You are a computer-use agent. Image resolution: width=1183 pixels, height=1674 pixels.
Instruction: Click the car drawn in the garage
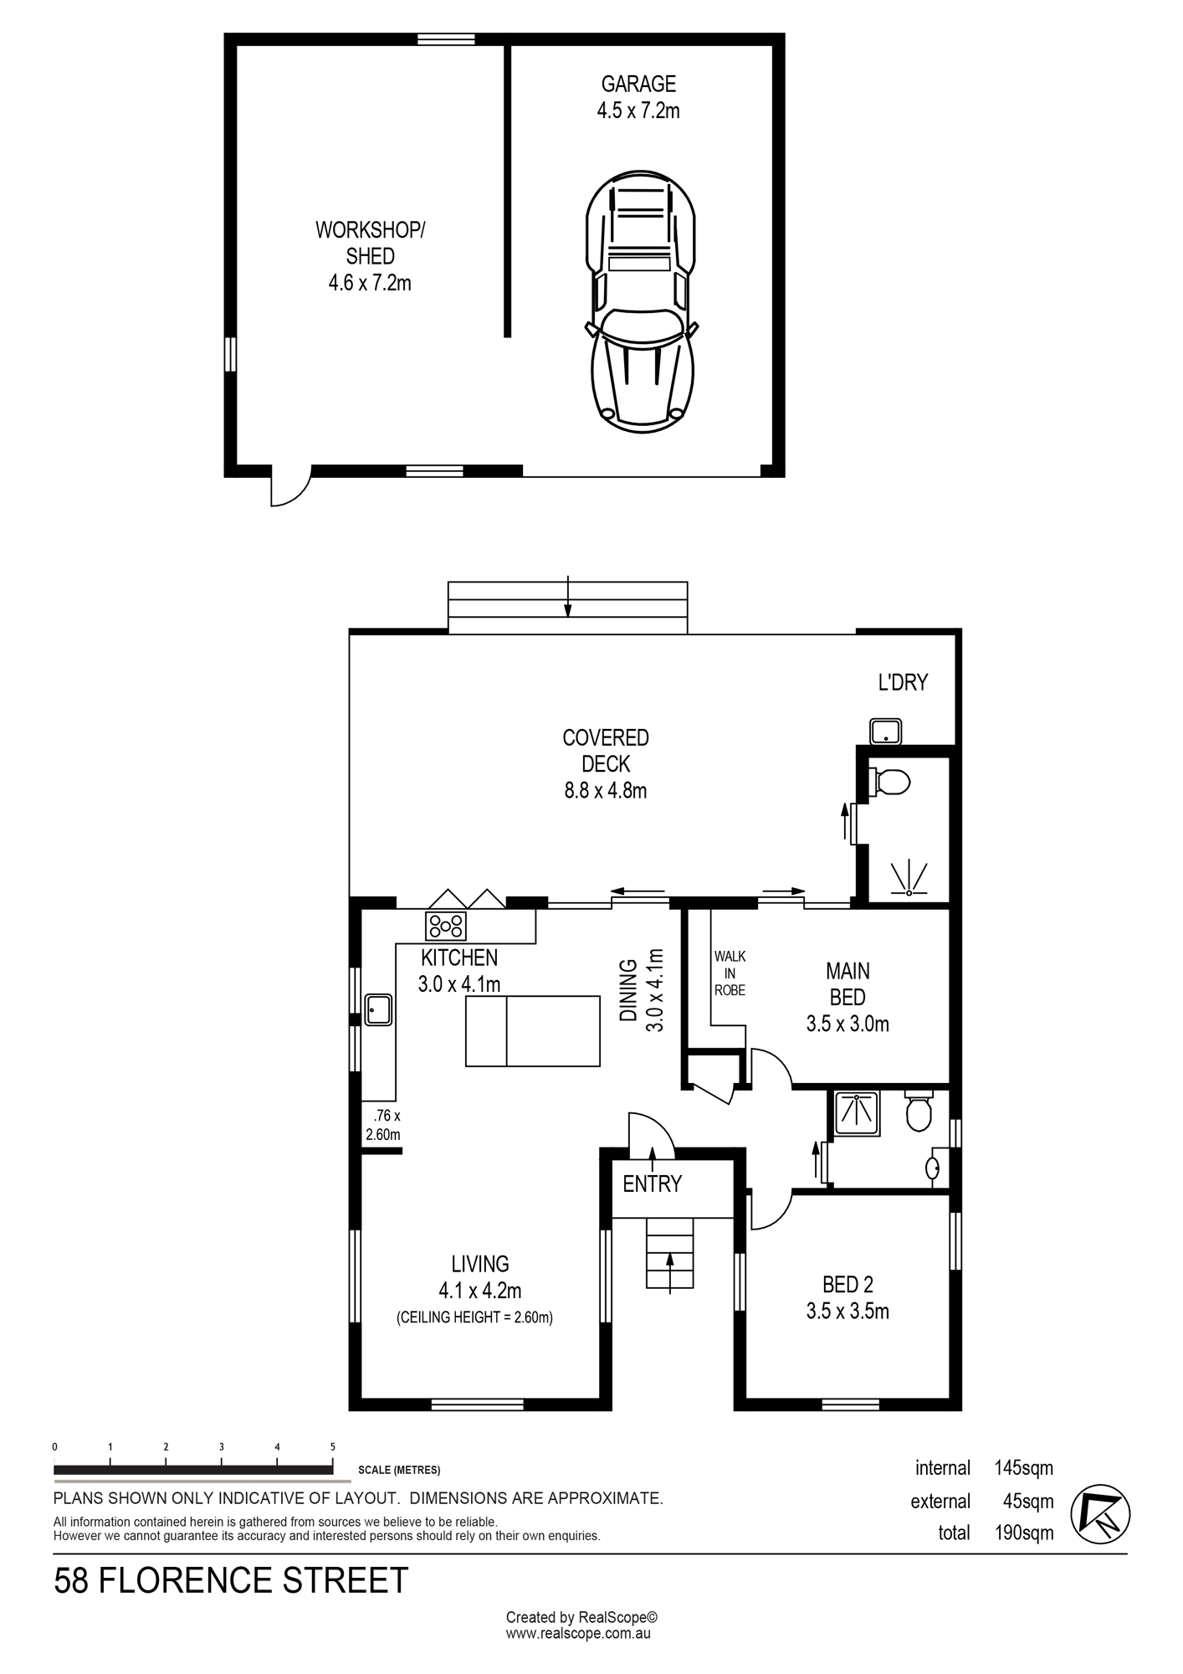tap(640, 301)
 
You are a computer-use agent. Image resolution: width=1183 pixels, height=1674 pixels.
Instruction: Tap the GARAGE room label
tap(638, 84)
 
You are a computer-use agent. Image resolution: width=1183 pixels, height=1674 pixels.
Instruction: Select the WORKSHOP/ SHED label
tap(370, 243)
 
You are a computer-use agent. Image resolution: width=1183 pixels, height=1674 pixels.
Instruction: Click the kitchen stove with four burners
tap(446, 926)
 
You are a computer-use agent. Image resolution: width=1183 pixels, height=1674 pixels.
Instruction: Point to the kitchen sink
tap(378, 1009)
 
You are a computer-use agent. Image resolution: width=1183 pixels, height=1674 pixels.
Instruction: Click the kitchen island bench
tap(533, 1030)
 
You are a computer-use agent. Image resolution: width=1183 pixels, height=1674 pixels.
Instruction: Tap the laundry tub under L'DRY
tap(885, 732)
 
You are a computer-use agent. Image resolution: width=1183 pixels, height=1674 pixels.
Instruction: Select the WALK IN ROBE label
tap(730, 973)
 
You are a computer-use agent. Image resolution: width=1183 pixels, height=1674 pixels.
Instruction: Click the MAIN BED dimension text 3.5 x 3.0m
tap(848, 1024)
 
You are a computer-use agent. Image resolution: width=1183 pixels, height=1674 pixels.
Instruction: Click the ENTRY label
tap(653, 1184)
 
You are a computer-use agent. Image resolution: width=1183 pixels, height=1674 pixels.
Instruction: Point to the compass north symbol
tap(1100, 1514)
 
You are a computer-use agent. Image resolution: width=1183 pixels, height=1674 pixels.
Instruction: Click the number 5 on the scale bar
tap(333, 1447)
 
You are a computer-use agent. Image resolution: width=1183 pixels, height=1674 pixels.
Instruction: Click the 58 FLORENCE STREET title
tap(231, 1581)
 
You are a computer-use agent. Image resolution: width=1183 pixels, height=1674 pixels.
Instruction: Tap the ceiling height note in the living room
tap(474, 1317)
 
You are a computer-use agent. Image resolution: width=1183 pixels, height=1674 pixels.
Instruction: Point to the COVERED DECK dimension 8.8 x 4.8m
tap(606, 790)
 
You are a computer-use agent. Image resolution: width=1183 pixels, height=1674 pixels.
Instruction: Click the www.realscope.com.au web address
tap(578, 1633)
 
